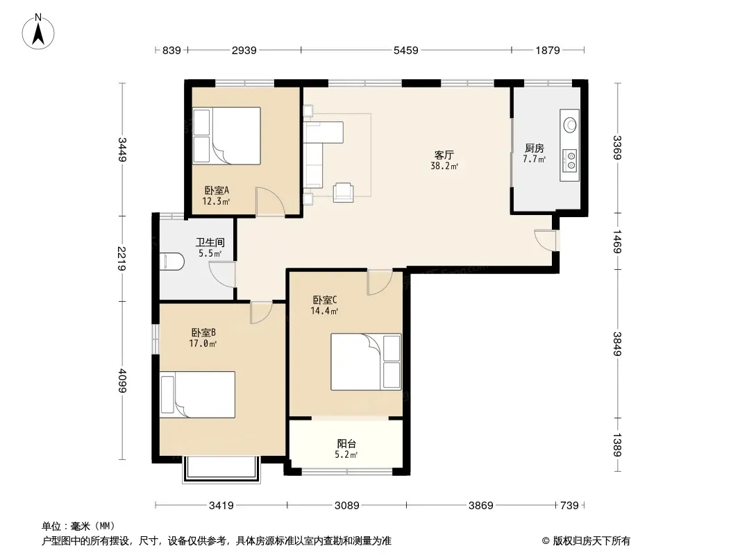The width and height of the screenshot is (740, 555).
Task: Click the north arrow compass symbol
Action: click(38, 31)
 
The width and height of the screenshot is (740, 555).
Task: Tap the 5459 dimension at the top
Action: click(406, 50)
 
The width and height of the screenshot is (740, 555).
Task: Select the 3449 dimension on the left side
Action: click(122, 149)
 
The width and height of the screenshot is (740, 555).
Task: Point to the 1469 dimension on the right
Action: click(617, 241)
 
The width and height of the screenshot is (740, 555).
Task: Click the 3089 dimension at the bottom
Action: click(347, 506)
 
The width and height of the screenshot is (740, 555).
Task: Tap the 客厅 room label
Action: click(444, 155)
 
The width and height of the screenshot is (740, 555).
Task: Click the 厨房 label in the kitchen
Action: click(535, 148)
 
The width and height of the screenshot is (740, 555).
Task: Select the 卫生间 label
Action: click(210, 242)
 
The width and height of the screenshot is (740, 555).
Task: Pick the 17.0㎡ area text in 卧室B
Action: click(203, 343)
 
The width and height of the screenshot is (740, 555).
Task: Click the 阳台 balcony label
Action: click(346, 444)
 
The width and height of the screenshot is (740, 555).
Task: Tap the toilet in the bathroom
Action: click(171, 262)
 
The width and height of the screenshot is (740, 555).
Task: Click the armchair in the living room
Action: click(343, 192)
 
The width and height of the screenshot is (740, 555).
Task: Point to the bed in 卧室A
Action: click(226, 136)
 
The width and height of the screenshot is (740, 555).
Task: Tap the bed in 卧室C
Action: click(366, 361)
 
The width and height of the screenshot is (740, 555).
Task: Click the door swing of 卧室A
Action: click(270, 201)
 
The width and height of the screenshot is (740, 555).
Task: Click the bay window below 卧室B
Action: click(221, 469)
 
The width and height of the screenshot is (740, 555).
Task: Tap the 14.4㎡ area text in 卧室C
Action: click(324, 311)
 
